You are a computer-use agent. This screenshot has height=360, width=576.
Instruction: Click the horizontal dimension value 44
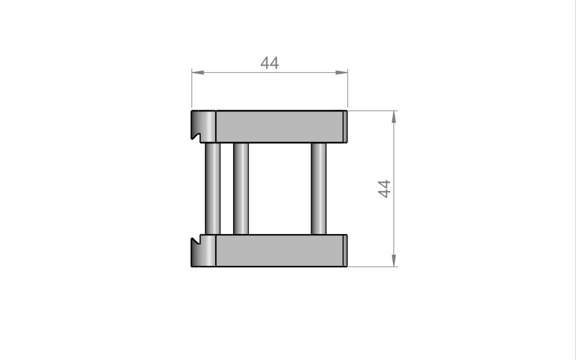[x=270, y=63]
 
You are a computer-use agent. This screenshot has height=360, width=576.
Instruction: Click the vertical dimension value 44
[x=384, y=189]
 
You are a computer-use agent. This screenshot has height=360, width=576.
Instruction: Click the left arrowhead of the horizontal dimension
[x=198, y=72]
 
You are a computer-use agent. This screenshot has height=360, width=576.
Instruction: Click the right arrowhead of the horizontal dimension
[x=342, y=72]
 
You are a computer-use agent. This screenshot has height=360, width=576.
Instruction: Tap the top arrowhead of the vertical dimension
[x=394, y=117]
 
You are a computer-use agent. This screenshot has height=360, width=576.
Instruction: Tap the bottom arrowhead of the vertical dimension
[x=394, y=261]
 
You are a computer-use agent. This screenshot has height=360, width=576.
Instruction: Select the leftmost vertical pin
[x=213, y=189]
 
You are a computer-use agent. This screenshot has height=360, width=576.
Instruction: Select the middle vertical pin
[x=241, y=189]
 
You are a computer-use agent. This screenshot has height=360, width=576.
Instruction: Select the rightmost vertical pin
[x=319, y=189]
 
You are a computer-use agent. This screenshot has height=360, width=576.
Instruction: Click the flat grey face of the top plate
[x=279, y=126]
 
